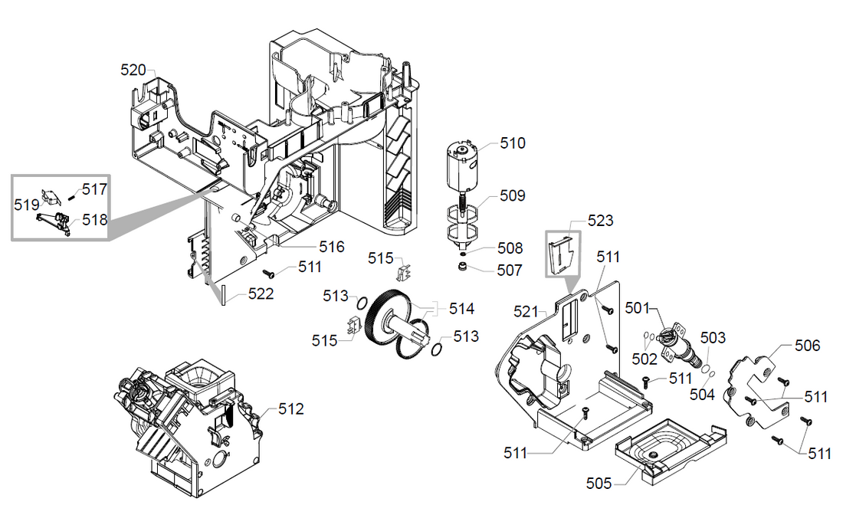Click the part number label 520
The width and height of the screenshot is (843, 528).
click(x=133, y=70)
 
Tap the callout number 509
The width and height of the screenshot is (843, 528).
click(x=513, y=196)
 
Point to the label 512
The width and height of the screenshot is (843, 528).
click(x=290, y=409)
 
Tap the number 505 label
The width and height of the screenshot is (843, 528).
click(x=599, y=484)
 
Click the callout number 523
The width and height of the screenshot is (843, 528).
click(x=600, y=221)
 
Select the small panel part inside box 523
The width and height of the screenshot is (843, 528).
click(x=562, y=254)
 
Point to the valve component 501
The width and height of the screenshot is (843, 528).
click(x=677, y=341)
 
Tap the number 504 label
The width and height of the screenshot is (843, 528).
click(x=701, y=395)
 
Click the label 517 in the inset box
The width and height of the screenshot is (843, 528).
click(x=95, y=189)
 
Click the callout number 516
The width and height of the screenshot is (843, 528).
click(x=331, y=247)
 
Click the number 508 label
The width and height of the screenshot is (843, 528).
click(x=510, y=248)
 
